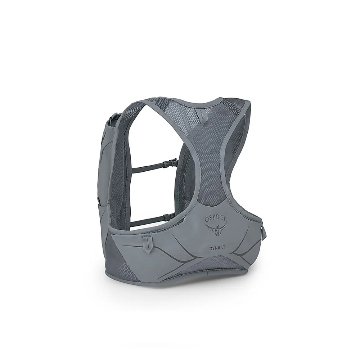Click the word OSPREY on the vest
[x=216, y=218]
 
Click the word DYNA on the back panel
[x=213, y=248]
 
